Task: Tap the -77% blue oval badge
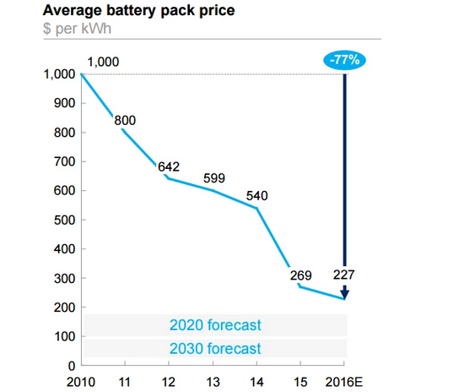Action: (x=344, y=60)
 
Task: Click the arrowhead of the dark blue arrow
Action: (x=344, y=293)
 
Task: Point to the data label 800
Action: (x=125, y=120)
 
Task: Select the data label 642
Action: (x=170, y=166)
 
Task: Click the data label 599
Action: (x=214, y=178)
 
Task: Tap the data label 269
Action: (x=300, y=275)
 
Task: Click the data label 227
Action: (x=344, y=275)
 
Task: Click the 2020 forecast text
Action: (x=215, y=324)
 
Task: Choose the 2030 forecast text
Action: (x=215, y=348)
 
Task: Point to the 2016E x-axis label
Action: (x=344, y=383)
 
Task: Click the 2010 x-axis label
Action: (x=82, y=383)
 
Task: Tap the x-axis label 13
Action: (x=214, y=383)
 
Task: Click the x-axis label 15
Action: (x=301, y=383)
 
